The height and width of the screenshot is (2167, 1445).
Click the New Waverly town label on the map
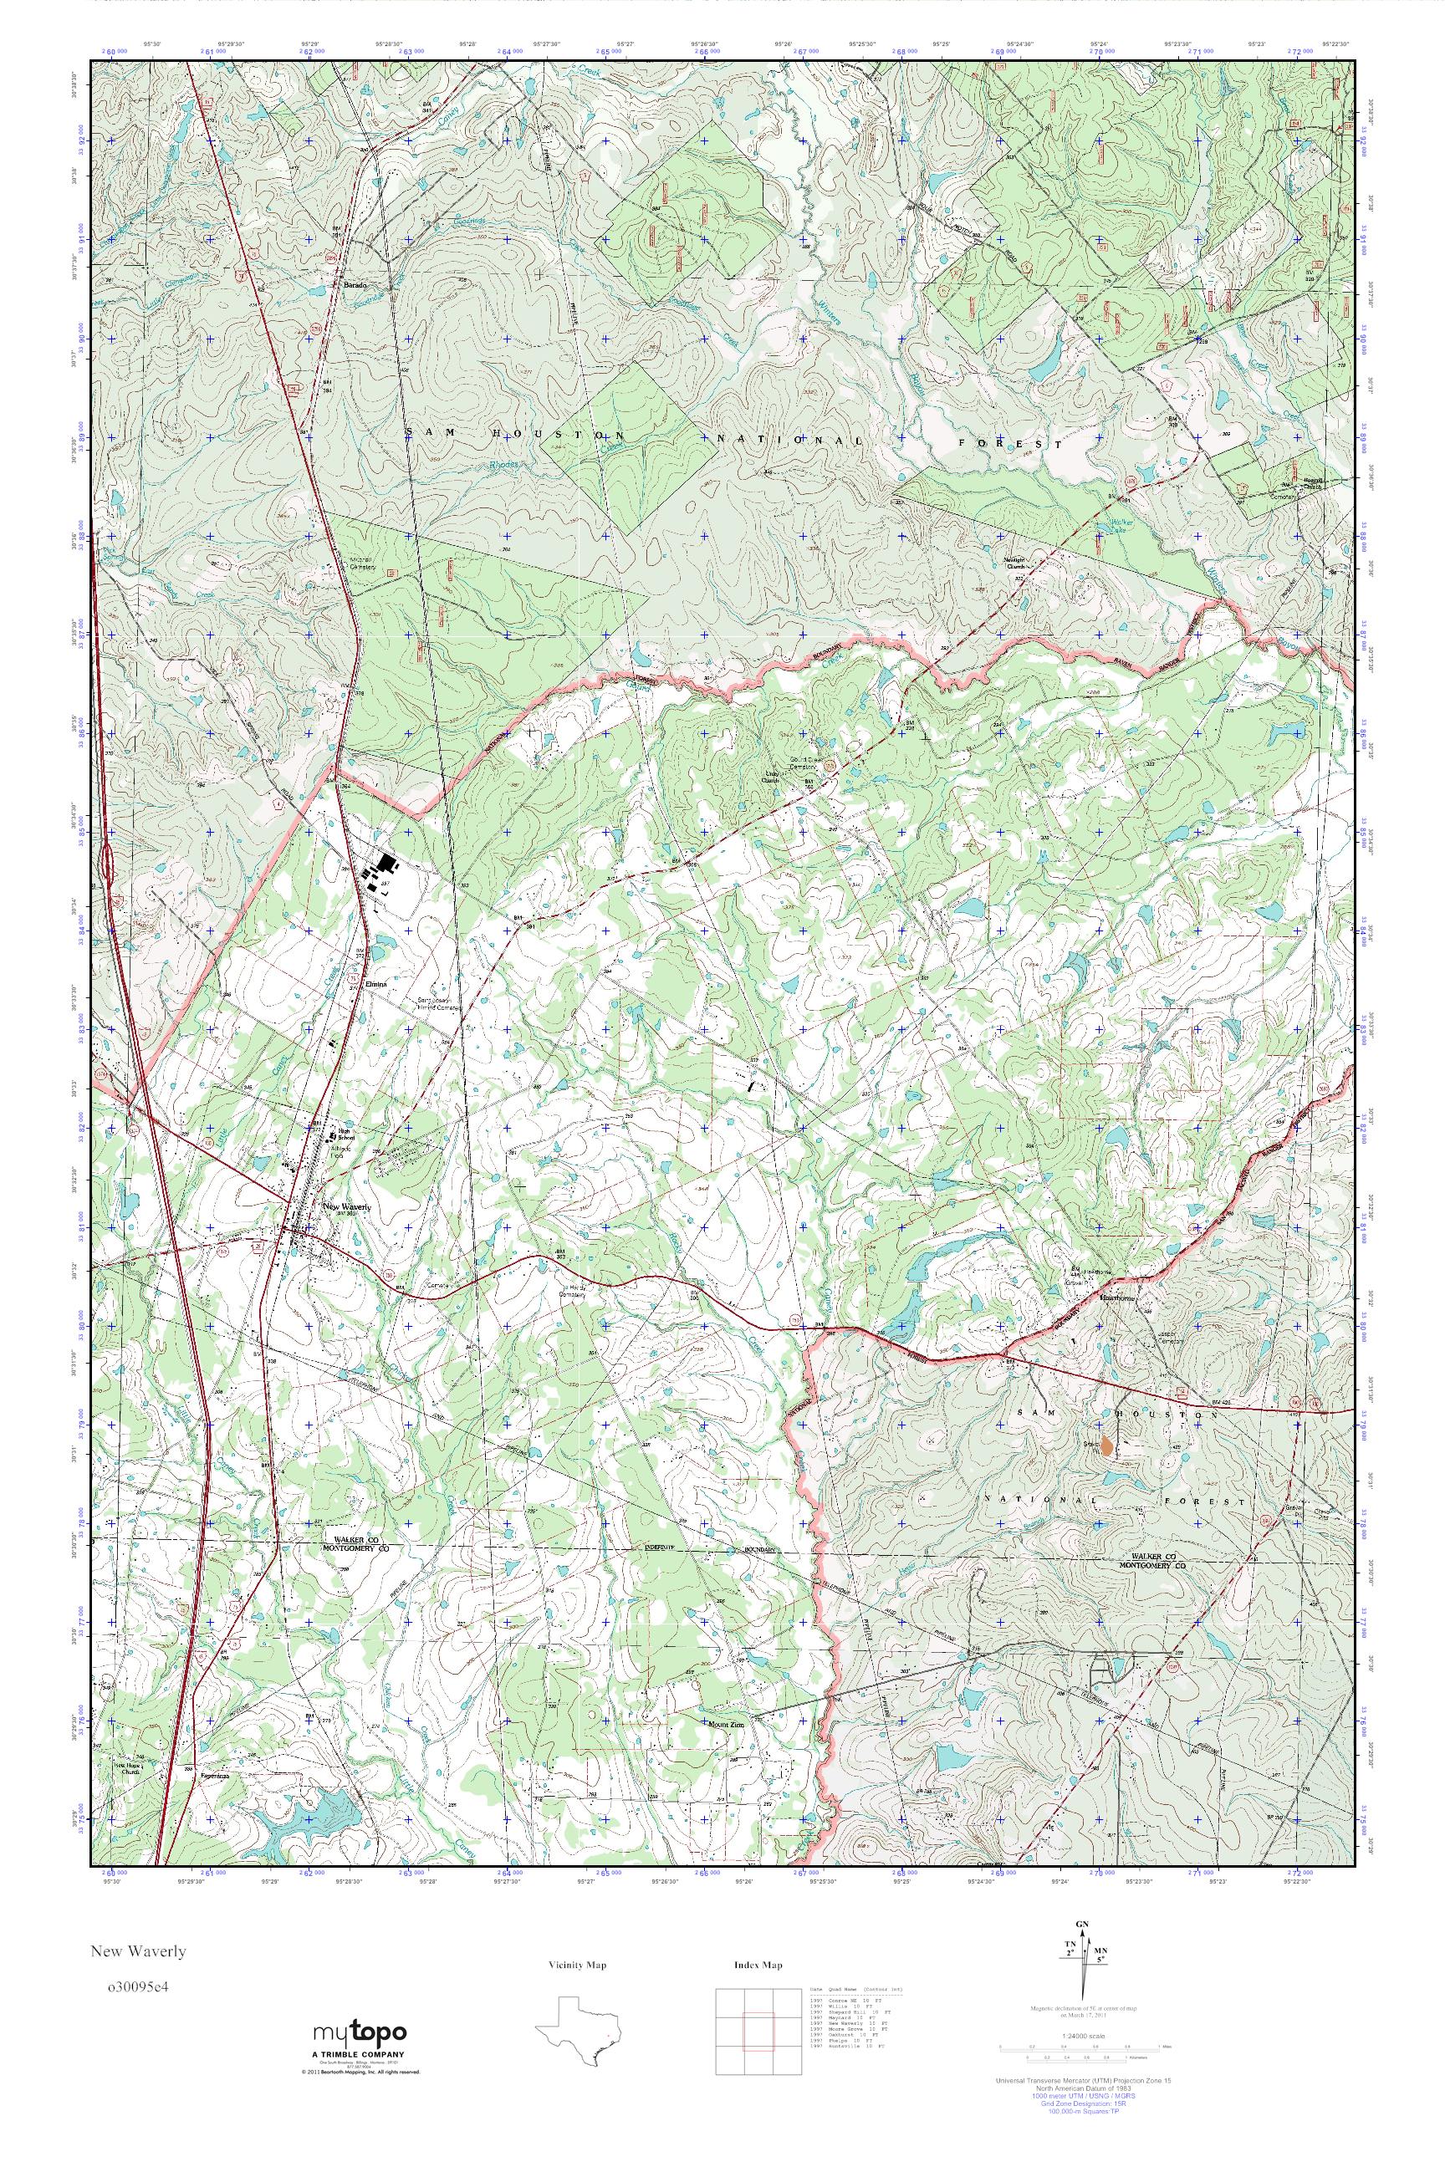345,1206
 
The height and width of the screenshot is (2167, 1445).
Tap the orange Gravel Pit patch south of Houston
1108,1447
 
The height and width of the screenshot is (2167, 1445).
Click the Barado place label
355,286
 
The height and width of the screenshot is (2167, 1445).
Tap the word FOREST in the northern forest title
1012,443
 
